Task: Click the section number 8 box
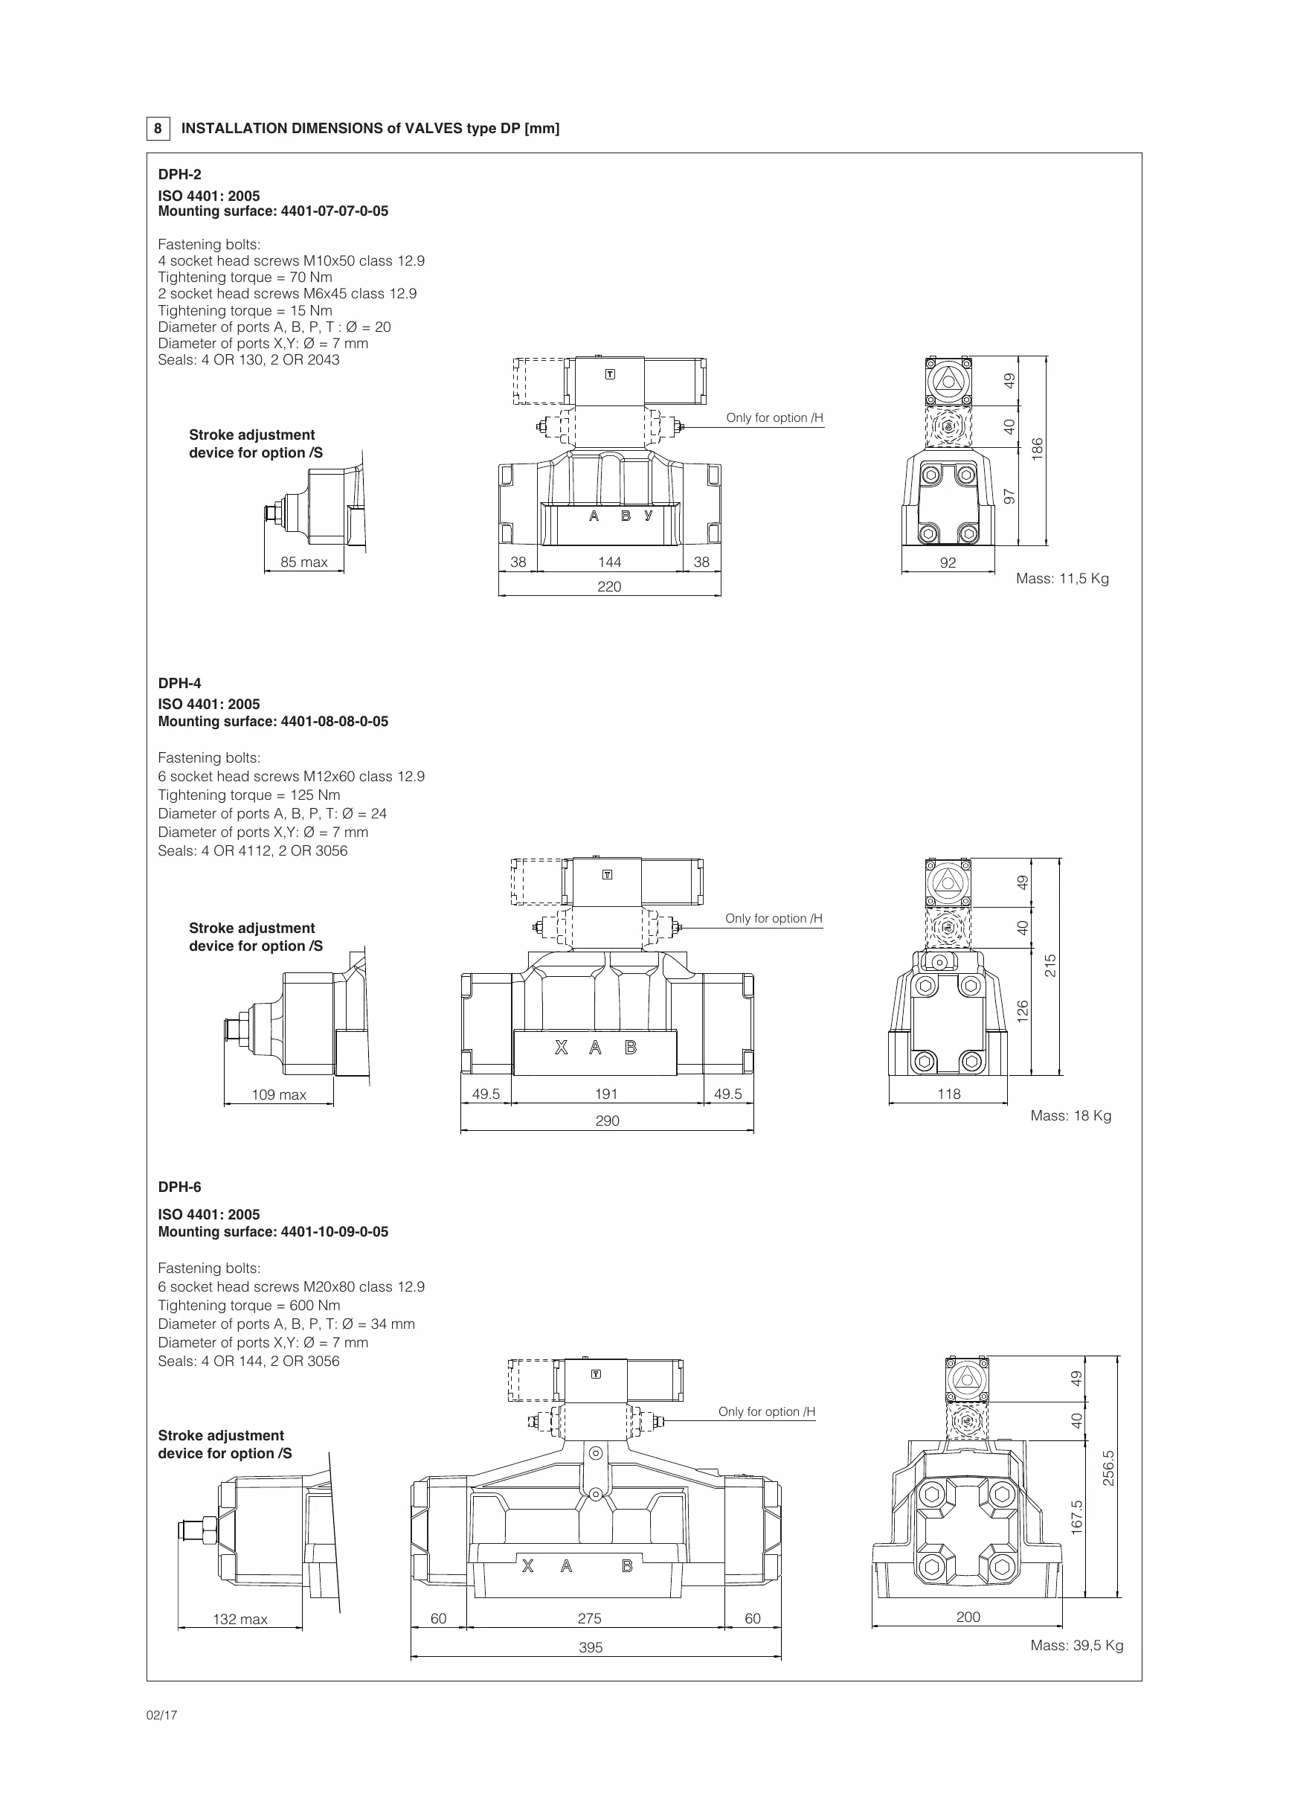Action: (158, 129)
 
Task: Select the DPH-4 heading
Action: (179, 683)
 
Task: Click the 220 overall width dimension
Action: (609, 586)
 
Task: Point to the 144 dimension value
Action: (609, 562)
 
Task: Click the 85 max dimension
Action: (303, 562)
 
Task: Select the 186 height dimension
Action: (1037, 449)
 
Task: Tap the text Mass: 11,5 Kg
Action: (1062, 578)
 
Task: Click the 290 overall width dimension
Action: (607, 1120)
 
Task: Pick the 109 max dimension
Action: (278, 1094)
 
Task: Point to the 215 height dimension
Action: (1050, 965)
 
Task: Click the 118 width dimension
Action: (948, 1094)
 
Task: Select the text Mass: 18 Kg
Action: (1070, 1115)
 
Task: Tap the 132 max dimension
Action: (240, 1619)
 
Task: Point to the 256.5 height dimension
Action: (1108, 1468)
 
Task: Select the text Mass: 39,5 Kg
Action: (1076, 1645)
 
